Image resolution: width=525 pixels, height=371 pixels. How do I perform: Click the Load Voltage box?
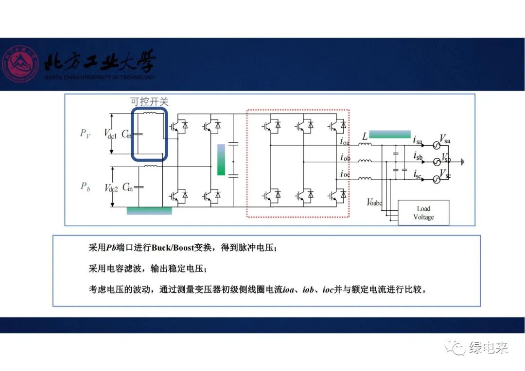[x=423, y=213]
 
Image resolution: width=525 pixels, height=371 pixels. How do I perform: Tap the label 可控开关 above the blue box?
[x=149, y=101]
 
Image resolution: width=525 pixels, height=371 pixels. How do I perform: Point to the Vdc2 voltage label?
[x=111, y=187]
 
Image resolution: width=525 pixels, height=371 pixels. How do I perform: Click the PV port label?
[x=85, y=134]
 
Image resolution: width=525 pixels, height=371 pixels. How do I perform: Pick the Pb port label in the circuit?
[x=85, y=186]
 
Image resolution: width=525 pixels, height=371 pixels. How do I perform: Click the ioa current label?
[x=345, y=142]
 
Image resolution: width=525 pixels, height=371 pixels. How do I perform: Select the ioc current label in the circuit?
[x=345, y=174]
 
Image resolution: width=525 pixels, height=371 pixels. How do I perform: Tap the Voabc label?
[x=374, y=202]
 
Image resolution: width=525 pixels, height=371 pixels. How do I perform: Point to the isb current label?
[x=418, y=156]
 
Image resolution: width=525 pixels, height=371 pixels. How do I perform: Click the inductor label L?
[x=365, y=137]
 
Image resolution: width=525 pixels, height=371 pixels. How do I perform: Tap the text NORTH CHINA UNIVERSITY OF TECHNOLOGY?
[x=100, y=78]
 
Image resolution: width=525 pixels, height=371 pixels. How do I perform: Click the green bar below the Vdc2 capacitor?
[x=149, y=211]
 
